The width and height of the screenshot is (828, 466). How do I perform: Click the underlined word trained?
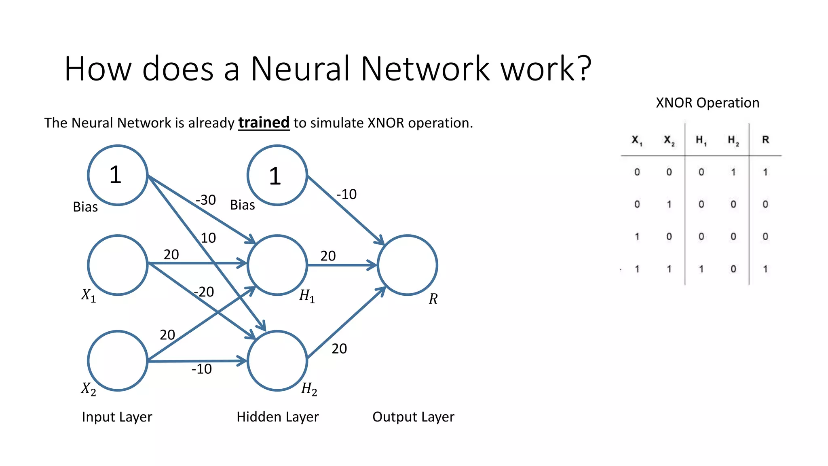264,123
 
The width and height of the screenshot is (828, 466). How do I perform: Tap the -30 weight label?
206,200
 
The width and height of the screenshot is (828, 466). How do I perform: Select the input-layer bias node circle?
118,175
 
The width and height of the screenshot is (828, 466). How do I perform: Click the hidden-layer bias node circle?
277,175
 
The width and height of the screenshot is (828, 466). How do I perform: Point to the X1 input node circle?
118,265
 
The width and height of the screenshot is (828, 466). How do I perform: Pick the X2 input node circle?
118,360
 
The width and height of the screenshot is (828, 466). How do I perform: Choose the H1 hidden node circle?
277,265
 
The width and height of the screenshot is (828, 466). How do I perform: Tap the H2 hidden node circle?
277,360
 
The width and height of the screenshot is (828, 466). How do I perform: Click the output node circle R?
407,265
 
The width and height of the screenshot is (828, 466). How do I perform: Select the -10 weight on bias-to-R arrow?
346,194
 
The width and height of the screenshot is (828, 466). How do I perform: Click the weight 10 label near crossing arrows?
208,238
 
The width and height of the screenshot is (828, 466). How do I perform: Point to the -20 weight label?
204,292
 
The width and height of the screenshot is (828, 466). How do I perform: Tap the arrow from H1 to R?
342,265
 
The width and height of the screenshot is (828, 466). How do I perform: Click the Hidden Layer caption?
277,417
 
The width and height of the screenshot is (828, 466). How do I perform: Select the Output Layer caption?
413,417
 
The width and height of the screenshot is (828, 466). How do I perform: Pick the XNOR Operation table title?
707,103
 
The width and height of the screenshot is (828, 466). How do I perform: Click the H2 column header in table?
733,140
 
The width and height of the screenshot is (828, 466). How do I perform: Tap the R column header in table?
765,140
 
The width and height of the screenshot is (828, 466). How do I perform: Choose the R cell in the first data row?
765,172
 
